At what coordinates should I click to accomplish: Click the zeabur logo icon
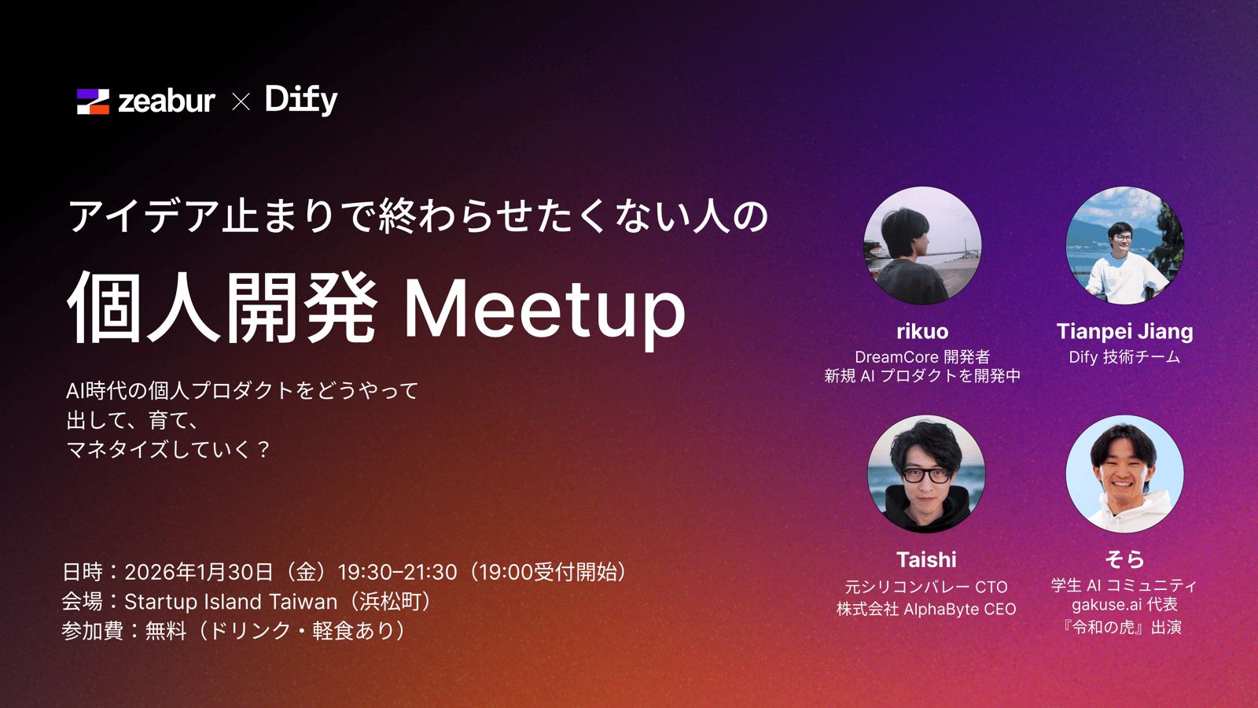click(x=94, y=101)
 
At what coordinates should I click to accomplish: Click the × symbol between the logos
click(x=241, y=101)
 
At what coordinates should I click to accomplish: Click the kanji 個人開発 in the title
click(x=223, y=308)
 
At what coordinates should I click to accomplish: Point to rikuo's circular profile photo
click(x=922, y=245)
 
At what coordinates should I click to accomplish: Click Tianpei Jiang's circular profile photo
click(x=1125, y=245)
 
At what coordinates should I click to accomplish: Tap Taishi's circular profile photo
click(x=926, y=474)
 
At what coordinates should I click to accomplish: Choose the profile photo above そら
click(x=1125, y=474)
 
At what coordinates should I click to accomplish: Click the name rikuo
click(x=923, y=331)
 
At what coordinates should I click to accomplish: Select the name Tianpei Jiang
click(x=1125, y=331)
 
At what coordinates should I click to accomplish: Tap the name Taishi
click(x=926, y=559)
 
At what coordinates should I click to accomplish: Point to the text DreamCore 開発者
click(x=922, y=357)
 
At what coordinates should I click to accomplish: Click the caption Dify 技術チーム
click(x=1125, y=357)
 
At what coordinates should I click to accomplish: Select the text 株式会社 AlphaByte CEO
click(x=926, y=609)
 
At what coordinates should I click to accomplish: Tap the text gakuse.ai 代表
click(x=1125, y=605)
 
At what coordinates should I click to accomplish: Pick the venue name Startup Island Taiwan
click(x=231, y=602)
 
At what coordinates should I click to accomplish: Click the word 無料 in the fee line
click(x=166, y=631)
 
